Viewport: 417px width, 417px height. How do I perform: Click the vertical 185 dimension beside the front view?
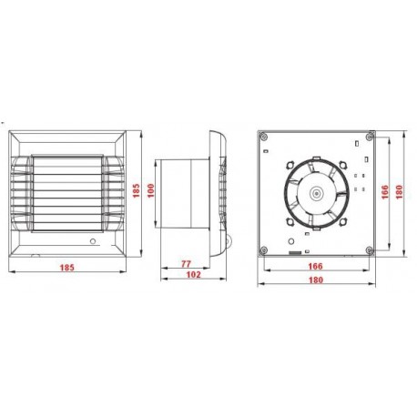(x=137, y=190)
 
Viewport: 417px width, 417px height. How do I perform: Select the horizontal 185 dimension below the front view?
(x=66, y=268)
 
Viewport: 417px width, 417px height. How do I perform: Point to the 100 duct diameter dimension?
(x=151, y=190)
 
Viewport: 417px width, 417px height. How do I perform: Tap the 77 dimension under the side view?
(x=186, y=264)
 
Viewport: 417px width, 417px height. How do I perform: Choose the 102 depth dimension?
(x=193, y=274)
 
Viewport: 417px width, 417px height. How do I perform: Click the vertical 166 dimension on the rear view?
(x=385, y=192)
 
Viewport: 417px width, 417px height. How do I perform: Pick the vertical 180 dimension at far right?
(x=399, y=192)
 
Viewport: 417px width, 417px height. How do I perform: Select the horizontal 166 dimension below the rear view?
(x=315, y=266)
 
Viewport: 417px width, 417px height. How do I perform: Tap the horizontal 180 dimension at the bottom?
(x=316, y=280)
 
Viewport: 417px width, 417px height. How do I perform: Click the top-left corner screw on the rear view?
(x=264, y=137)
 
